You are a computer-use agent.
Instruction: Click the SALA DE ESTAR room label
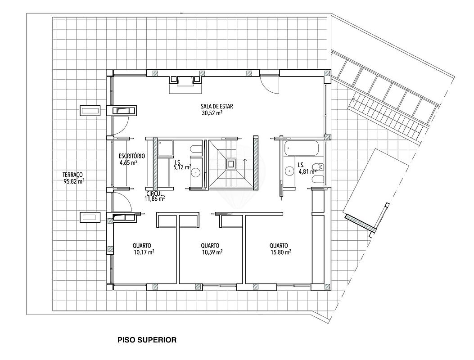pyautogui.click(x=217, y=106)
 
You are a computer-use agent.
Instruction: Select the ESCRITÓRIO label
pyautogui.click(x=132, y=156)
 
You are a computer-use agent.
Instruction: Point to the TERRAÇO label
pyautogui.click(x=72, y=175)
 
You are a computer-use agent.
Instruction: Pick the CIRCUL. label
pyautogui.click(x=155, y=193)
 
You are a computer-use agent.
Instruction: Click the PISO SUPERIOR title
pyautogui.click(x=147, y=340)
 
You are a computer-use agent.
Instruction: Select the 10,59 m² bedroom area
pyautogui.click(x=212, y=252)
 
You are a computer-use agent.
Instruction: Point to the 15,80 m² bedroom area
pyautogui.click(x=280, y=252)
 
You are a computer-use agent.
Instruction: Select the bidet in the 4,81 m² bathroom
pyautogui.click(x=318, y=166)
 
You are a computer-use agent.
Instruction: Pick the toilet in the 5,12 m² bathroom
pyautogui.click(x=197, y=149)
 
